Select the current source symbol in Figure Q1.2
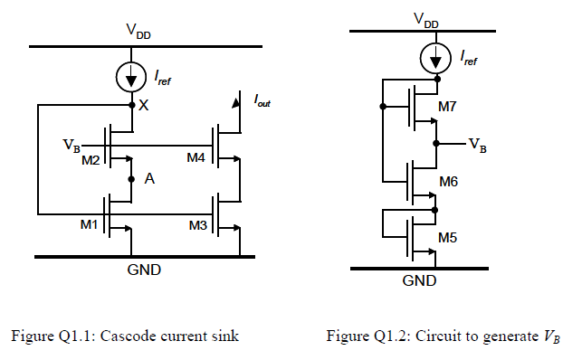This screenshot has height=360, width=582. click(435, 60)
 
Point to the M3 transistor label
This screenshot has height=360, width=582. click(196, 224)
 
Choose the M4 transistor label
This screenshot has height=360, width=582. click(196, 158)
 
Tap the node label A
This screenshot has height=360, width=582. click(149, 180)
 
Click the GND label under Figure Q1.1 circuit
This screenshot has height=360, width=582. click(131, 269)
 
